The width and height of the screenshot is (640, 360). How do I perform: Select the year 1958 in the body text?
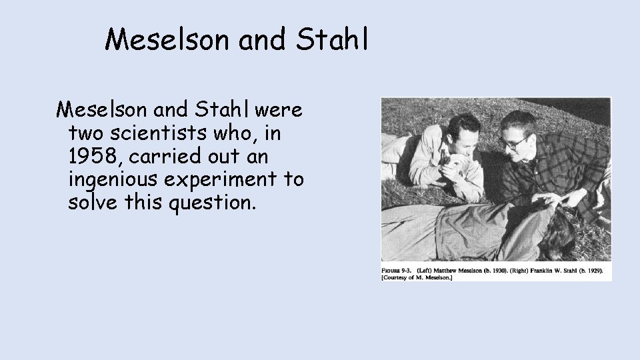94,157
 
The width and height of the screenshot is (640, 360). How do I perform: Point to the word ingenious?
119,180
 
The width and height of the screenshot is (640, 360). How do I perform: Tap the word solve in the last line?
93,203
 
